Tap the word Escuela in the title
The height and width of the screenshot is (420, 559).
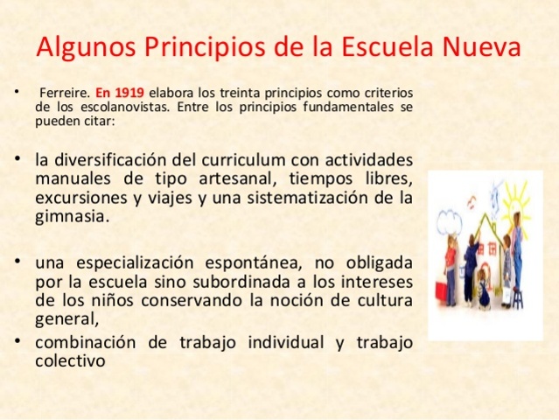[x=392, y=45]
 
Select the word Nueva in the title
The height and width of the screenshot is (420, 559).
[x=485, y=45]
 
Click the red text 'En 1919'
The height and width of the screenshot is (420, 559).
[x=121, y=92]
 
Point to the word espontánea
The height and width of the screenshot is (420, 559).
[x=237, y=262]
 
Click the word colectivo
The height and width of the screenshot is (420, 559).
[x=71, y=359]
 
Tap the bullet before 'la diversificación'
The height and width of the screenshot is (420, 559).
[x=19, y=160]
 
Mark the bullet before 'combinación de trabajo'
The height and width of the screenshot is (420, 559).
[x=19, y=340]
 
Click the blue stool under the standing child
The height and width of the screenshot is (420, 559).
[x=515, y=297]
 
